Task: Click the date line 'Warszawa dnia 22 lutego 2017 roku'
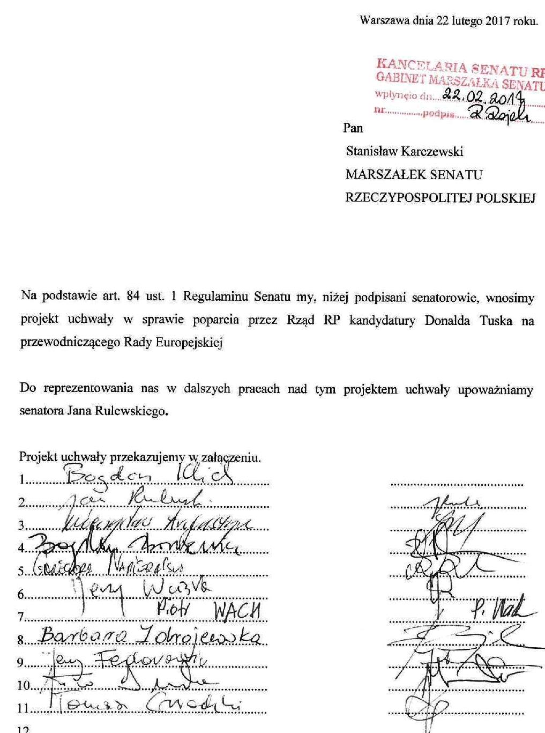coord(448,21)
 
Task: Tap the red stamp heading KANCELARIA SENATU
coord(460,66)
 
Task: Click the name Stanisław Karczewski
coord(405,151)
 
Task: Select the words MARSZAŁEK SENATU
coord(414,174)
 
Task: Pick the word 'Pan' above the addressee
coord(353,128)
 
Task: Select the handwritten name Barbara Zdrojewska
coord(151,638)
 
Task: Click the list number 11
coord(23,708)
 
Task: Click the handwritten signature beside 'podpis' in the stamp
coord(497,113)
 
